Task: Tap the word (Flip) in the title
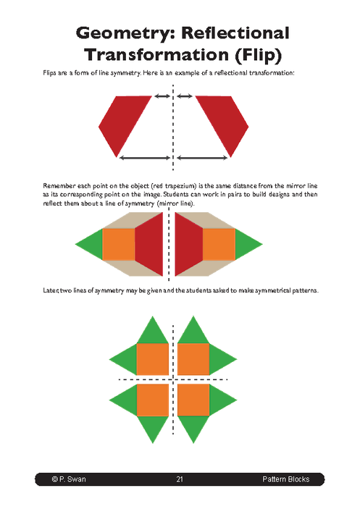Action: (250, 54)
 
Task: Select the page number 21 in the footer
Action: (180, 479)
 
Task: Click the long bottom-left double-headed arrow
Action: (143, 157)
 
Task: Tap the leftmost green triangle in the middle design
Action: (90, 244)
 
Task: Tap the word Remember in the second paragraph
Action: (62, 186)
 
